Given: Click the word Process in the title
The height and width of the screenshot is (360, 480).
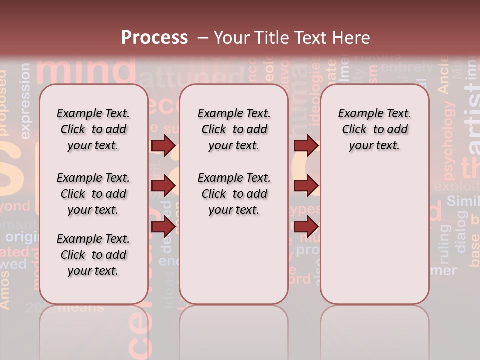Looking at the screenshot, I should point(154,38).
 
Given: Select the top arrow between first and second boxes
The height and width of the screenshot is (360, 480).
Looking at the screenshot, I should point(163,146).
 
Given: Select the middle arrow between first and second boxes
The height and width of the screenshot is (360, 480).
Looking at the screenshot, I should point(163,186).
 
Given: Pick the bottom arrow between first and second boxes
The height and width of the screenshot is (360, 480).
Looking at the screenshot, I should point(163,226).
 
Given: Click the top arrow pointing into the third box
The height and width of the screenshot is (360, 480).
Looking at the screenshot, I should point(306,146).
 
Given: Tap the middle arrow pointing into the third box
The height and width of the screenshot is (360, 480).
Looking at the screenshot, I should point(306,186).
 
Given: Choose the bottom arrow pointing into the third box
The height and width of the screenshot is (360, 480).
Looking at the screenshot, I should point(306,226).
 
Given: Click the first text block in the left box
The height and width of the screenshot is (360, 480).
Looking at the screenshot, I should point(93,129).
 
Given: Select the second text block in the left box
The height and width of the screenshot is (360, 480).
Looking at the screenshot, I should point(93,194).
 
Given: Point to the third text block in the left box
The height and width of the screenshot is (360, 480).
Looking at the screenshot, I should point(93,255).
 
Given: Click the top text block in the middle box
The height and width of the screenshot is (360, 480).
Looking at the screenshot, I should point(234,129).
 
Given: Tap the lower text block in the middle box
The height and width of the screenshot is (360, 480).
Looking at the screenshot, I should point(234,194).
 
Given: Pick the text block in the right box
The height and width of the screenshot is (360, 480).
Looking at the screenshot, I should point(374,129).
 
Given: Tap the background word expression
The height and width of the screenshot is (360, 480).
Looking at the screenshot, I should point(25,100).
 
